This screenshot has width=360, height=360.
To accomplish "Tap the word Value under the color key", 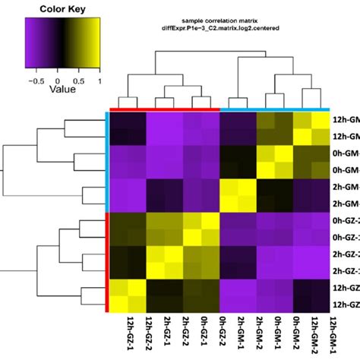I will point(47,87).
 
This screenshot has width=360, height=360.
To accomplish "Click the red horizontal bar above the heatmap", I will point(164,109).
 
